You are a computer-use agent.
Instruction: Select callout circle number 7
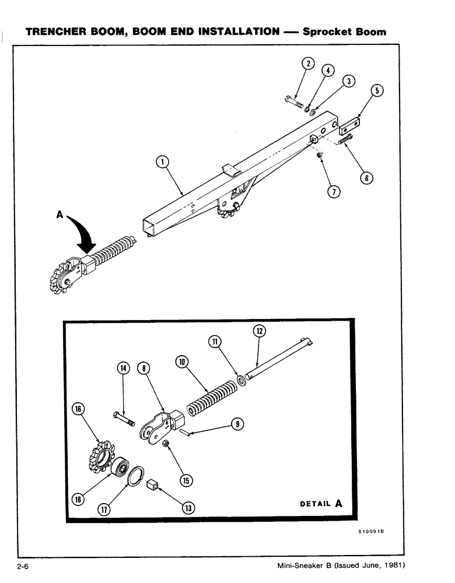[x=334, y=191]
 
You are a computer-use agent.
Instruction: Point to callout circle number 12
[x=259, y=331]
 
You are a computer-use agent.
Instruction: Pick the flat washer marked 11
[x=240, y=382]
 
